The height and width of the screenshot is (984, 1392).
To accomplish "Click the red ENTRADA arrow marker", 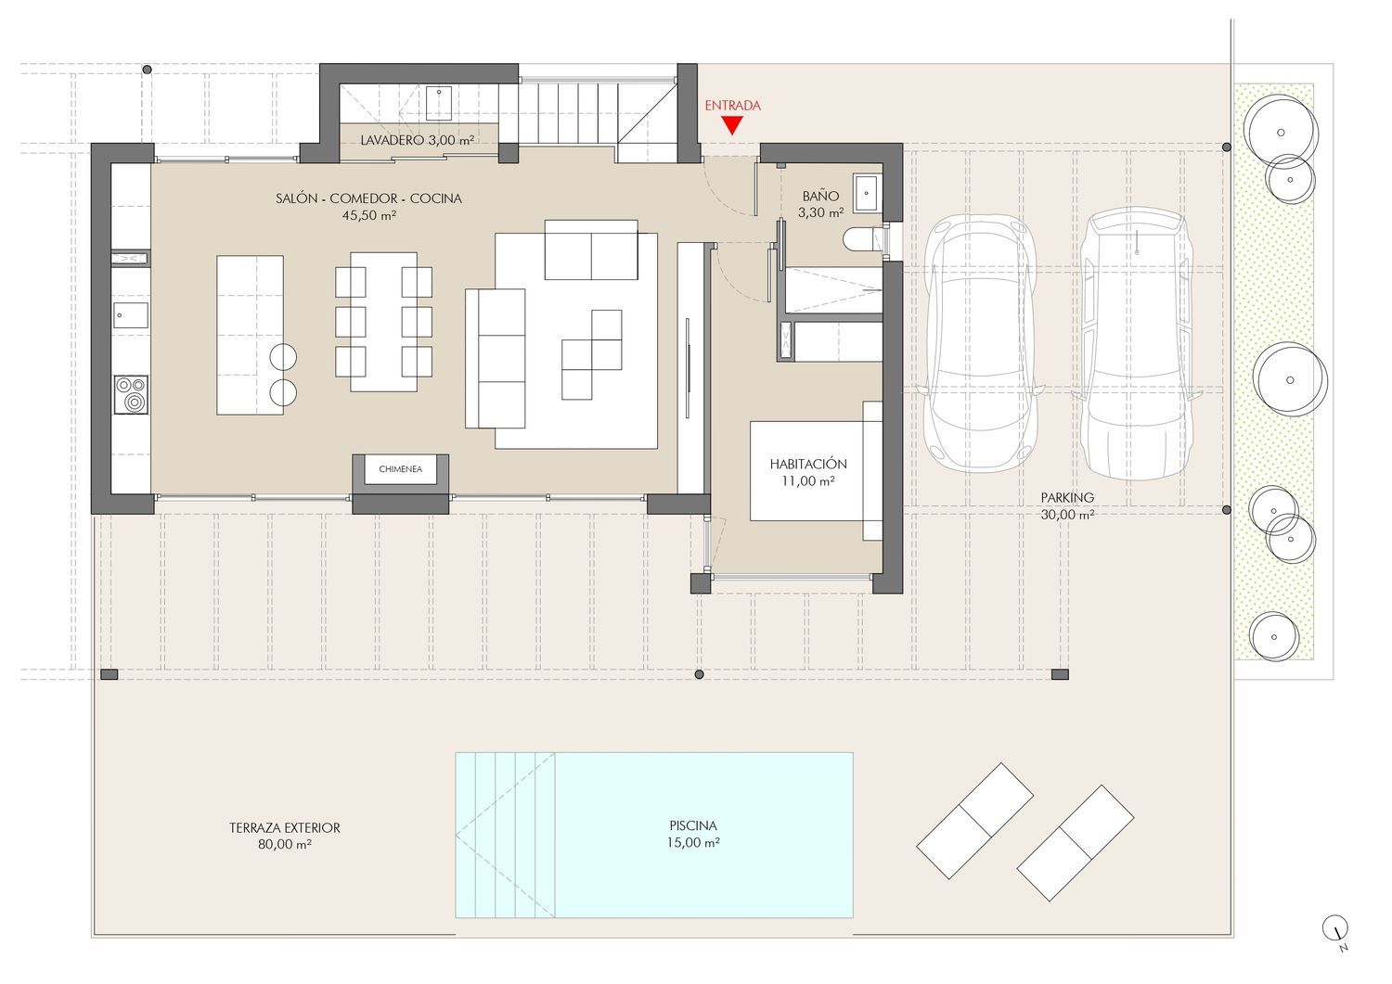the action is (733, 126).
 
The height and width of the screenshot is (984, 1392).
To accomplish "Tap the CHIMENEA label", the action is (400, 469).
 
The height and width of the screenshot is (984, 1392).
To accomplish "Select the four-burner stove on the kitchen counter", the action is (131, 394).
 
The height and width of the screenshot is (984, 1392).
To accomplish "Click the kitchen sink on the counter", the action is (131, 315).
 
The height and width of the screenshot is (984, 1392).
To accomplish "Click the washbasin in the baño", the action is (866, 193).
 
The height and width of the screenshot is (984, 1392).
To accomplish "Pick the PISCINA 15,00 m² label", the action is (693, 834).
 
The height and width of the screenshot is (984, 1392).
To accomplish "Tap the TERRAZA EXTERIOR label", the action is (285, 828).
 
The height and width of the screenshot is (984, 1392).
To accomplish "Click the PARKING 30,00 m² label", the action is (1067, 505).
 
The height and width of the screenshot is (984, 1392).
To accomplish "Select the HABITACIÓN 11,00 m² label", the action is (808, 472).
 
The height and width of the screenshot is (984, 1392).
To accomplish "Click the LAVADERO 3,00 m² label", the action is (417, 140).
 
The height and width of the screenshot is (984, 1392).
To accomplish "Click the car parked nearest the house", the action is (981, 343).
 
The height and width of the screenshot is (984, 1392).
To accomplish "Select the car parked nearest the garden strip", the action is (1137, 343).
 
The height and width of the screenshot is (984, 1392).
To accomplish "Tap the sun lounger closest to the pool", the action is (974, 821).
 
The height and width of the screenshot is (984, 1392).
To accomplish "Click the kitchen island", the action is (250, 335).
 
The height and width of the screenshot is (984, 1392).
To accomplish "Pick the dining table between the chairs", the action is (383, 322).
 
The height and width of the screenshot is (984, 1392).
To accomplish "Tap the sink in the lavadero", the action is (439, 103).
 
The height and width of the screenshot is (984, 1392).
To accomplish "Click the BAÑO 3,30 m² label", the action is (821, 204).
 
